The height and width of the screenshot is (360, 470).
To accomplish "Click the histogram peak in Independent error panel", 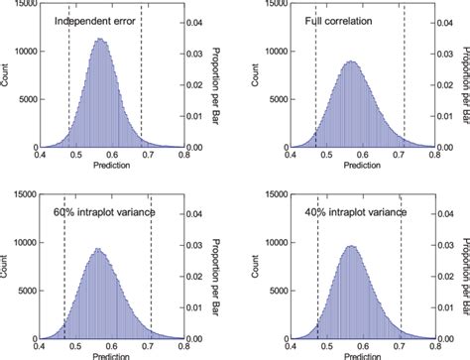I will (98, 41).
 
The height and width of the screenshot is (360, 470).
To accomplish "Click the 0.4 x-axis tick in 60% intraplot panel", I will (40, 343).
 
